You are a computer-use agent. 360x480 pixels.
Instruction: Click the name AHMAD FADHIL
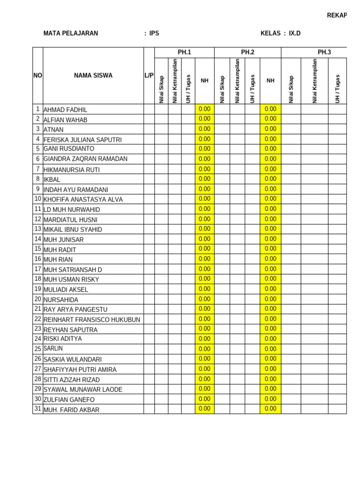(65, 110)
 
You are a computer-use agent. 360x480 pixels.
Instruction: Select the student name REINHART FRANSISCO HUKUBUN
(92, 320)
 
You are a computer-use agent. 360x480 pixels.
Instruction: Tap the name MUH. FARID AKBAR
(71, 410)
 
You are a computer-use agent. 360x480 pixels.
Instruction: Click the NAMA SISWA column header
(93, 75)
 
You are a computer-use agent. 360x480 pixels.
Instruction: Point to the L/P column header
(149, 75)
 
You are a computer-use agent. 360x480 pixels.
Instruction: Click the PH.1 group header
(184, 52)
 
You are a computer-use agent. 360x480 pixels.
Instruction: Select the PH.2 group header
(247, 52)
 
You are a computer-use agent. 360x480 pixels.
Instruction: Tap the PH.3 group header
(324, 52)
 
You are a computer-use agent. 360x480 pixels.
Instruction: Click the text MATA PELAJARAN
(71, 33)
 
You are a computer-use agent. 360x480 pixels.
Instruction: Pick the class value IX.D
(295, 33)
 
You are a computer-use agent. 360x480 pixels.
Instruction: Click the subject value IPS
(154, 33)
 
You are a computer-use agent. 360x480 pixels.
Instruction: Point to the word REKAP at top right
(337, 15)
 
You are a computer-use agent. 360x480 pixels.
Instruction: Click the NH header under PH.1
(204, 81)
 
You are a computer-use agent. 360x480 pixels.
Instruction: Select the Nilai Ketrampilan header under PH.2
(237, 81)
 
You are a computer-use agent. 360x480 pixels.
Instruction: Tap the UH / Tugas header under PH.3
(337, 88)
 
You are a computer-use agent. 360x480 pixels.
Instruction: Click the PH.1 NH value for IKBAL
(204, 179)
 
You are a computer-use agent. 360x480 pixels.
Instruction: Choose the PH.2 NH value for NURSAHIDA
(270, 299)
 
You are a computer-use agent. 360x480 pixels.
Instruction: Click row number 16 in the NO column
(37, 259)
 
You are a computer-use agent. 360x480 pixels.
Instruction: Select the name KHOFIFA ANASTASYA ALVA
(83, 200)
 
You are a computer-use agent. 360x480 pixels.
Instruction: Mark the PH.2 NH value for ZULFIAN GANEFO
(270, 399)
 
